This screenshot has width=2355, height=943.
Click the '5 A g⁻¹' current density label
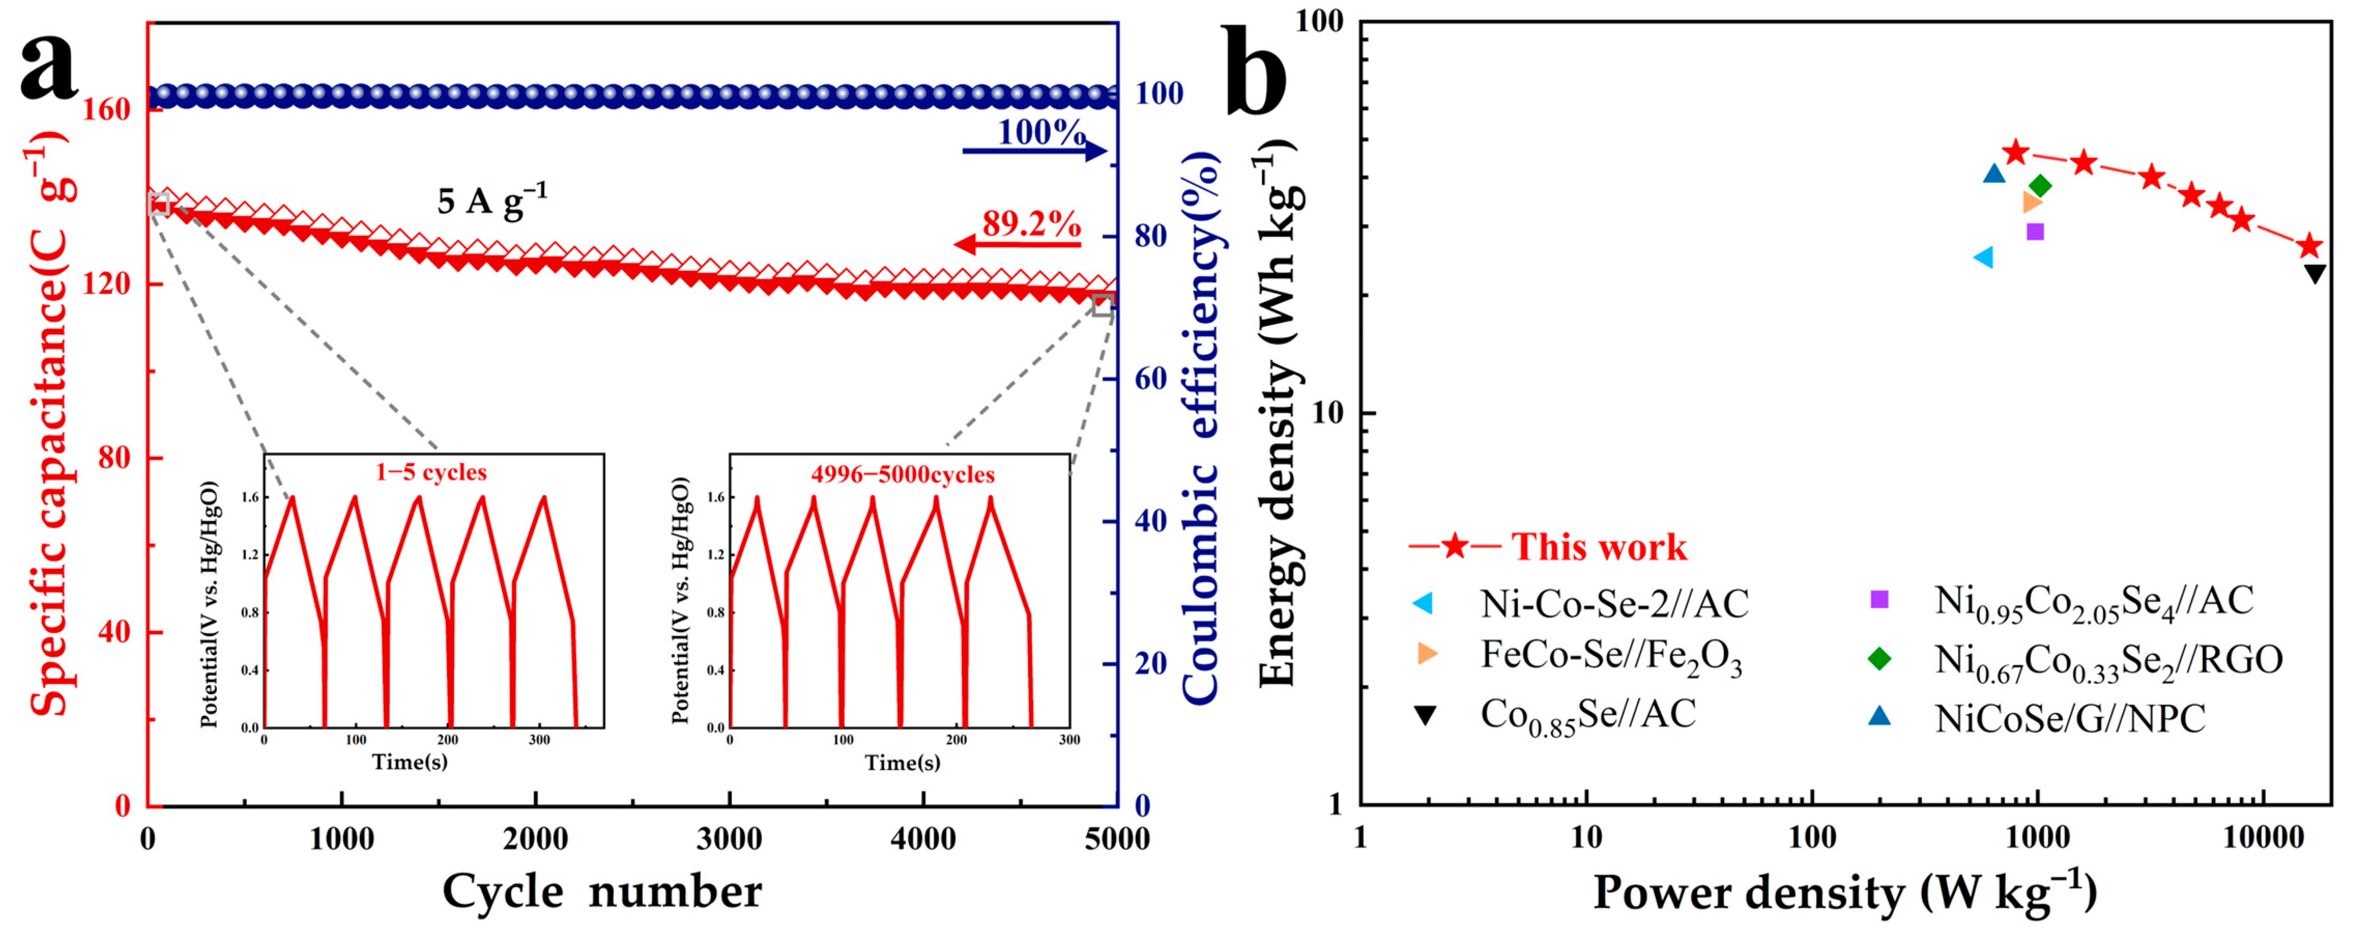(x=492, y=199)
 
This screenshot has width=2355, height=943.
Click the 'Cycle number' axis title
(x=601, y=891)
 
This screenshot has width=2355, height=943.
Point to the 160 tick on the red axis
(x=107, y=110)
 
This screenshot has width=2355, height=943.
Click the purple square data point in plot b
(x=2034, y=232)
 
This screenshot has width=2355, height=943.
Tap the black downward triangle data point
(x=2315, y=274)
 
